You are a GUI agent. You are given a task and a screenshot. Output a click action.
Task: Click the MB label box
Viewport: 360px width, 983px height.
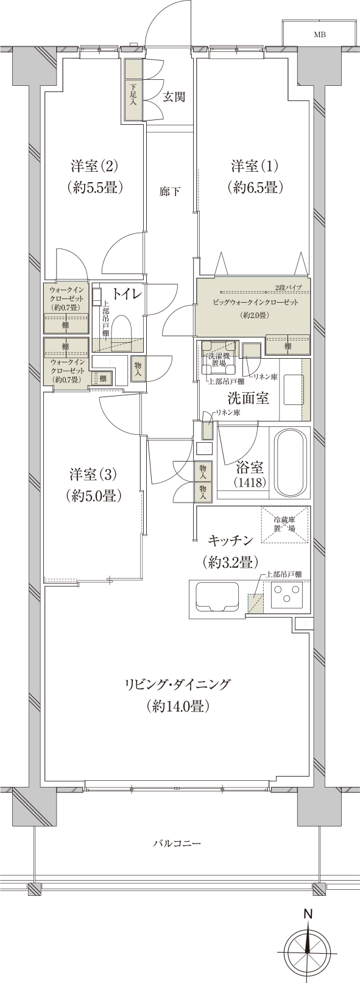click(x=320, y=35)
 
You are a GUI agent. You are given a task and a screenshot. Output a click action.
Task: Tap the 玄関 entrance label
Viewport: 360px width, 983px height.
click(x=174, y=96)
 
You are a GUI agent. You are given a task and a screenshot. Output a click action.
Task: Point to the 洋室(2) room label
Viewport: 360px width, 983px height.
click(x=94, y=166)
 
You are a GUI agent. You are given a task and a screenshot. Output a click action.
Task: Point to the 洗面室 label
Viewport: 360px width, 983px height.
click(x=248, y=398)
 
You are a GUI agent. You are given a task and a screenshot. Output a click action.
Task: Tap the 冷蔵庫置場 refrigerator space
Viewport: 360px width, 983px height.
click(x=284, y=524)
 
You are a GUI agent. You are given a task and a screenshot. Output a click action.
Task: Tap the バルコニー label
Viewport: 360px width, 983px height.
click(x=177, y=844)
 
